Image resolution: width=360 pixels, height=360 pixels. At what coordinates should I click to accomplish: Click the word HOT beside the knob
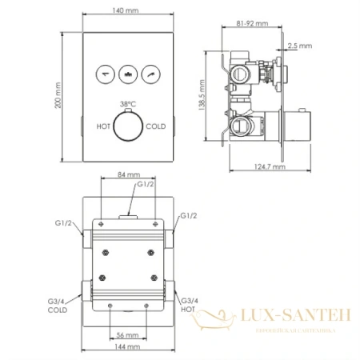[x=103, y=126]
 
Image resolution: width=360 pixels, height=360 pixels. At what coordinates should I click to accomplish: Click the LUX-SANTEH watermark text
[x=295, y=318]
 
